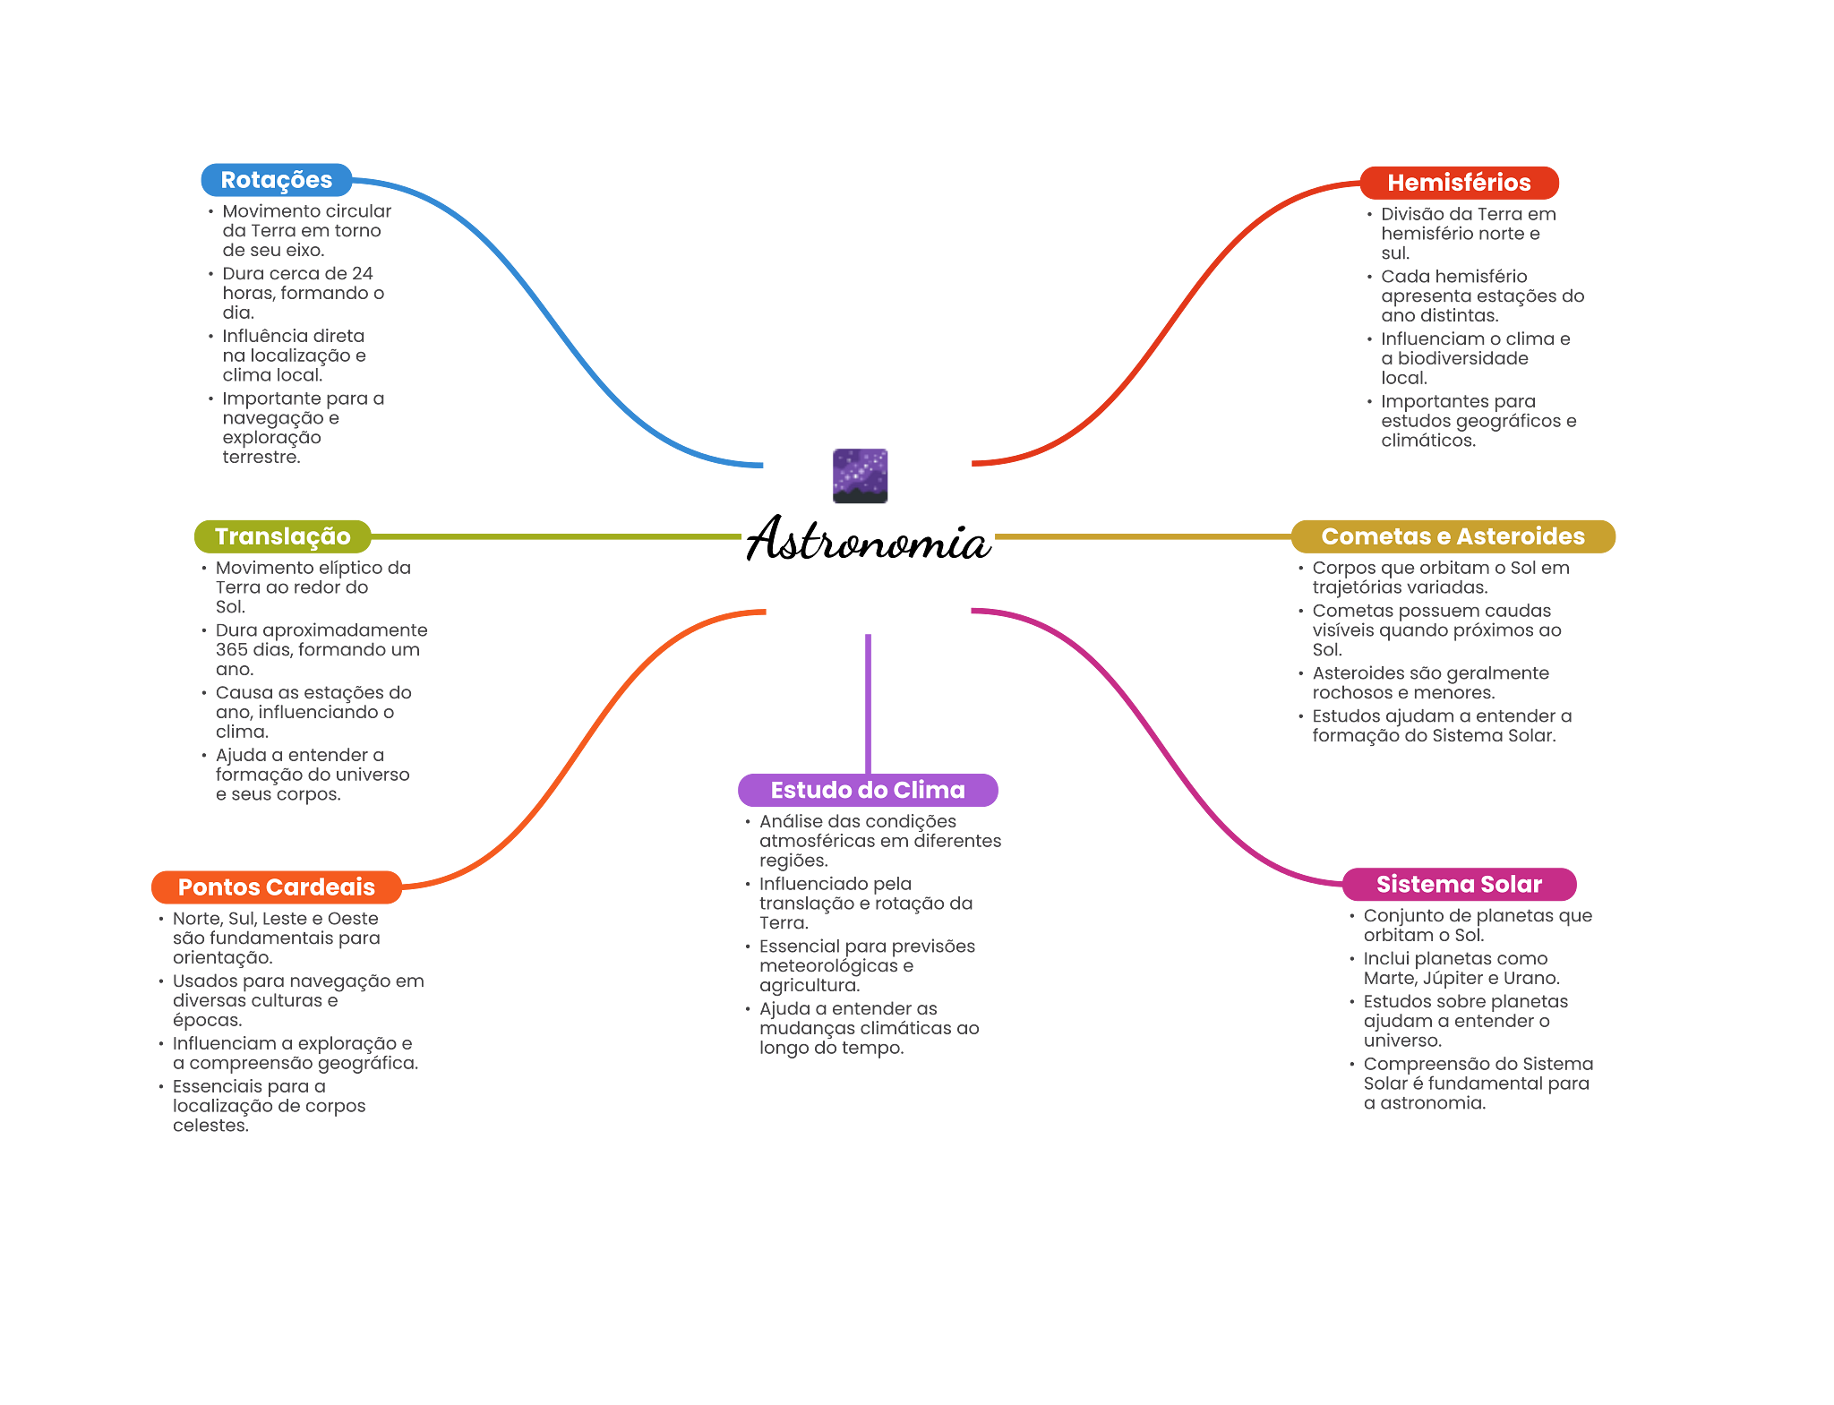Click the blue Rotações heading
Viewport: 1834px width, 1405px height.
point(276,180)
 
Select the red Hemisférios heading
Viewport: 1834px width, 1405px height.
point(1459,183)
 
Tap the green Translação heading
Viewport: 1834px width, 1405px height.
point(282,536)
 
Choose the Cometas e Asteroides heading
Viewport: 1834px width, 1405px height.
point(1453,536)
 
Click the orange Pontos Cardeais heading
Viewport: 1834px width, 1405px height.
point(276,887)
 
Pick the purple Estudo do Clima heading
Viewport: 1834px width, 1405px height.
point(867,791)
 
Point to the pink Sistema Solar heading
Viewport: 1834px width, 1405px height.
point(1459,885)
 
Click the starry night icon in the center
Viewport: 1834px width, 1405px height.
point(860,476)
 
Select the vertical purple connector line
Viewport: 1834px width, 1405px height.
point(868,703)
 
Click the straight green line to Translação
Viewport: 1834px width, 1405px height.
point(555,536)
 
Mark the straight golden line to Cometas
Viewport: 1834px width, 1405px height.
point(1142,536)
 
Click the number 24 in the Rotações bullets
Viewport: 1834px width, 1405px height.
point(363,274)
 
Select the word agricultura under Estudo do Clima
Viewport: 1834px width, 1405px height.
point(809,986)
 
